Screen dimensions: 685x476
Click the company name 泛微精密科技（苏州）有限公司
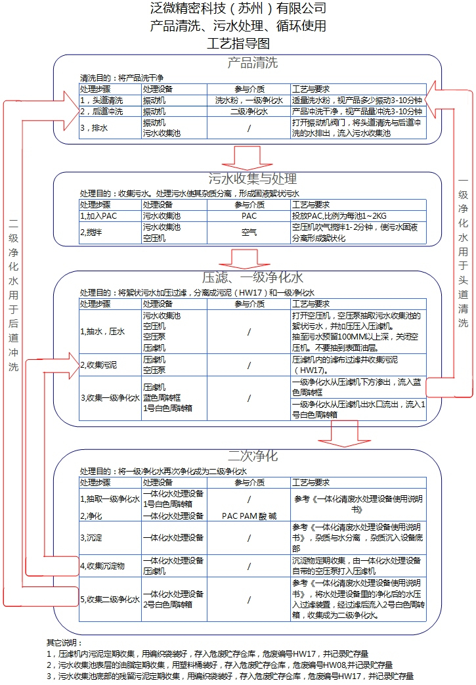[x=238, y=9]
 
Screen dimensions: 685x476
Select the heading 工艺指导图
[x=238, y=44]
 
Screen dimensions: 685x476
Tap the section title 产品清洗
[x=252, y=63]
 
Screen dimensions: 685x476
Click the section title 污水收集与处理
[x=252, y=179]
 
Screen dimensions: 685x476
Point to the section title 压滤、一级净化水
[x=252, y=277]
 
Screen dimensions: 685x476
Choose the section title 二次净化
[x=252, y=456]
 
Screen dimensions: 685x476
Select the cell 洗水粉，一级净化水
[x=249, y=100]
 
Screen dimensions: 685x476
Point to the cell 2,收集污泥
[x=98, y=365]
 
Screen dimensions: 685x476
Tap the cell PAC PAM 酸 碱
[x=249, y=516]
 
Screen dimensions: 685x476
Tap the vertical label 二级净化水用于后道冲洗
[x=13, y=295]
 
